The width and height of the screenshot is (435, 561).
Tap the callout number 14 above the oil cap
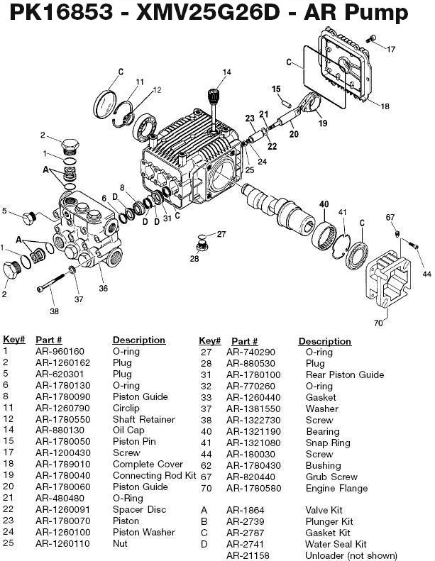226,72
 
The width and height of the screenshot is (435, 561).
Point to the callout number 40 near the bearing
324,204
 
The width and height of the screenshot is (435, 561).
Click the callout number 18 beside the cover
385,106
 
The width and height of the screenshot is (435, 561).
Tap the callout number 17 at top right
391,48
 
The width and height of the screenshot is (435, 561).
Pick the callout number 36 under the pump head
103,288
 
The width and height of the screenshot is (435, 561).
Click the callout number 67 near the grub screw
390,217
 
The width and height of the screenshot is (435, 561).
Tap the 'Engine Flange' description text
336,488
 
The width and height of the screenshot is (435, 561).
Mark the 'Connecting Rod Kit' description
154,476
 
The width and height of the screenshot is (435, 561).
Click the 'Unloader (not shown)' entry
351,555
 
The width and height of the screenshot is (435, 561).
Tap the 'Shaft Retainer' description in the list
143,420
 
